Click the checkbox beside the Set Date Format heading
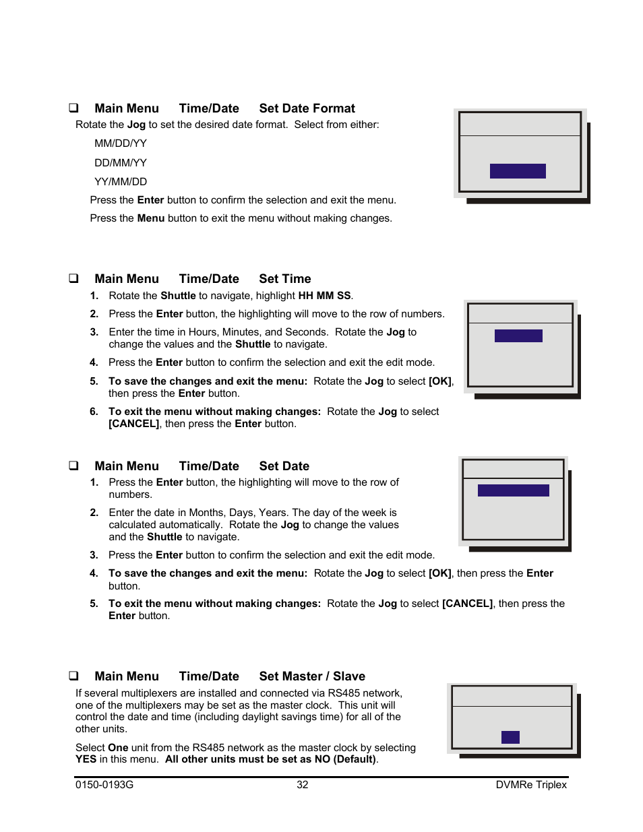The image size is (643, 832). click(x=73, y=108)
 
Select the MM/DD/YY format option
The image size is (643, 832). click(x=121, y=143)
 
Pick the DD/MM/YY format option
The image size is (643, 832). click(x=121, y=163)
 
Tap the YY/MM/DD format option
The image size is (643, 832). click(x=121, y=182)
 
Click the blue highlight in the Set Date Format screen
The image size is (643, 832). click(x=518, y=171)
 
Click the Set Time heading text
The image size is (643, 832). click(x=284, y=279)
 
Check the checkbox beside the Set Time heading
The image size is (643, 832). click(x=73, y=278)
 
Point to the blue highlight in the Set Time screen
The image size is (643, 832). click(x=518, y=335)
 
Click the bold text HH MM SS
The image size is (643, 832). click(x=324, y=296)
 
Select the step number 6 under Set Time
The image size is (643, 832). click(x=94, y=412)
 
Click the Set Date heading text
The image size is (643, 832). click(x=284, y=466)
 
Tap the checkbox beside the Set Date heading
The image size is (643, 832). click(x=73, y=466)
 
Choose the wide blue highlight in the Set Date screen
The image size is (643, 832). click(x=513, y=490)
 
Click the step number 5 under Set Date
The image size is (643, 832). click(x=94, y=604)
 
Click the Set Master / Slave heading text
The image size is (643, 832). click(x=312, y=676)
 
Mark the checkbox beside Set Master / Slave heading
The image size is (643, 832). click(x=73, y=676)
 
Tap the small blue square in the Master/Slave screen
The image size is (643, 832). click(x=510, y=737)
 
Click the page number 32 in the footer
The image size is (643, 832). click(x=303, y=785)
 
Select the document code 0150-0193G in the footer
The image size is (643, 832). click(x=104, y=785)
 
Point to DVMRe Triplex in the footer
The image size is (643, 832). click(x=531, y=785)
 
